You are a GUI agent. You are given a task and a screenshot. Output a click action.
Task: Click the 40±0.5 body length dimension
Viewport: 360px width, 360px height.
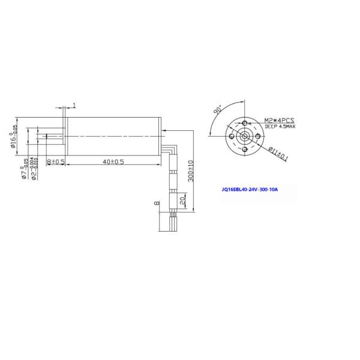click(113, 162)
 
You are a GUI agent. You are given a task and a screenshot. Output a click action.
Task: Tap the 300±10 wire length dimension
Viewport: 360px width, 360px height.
click(191, 170)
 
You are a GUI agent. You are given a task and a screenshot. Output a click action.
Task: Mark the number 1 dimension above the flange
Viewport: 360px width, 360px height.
click(74, 106)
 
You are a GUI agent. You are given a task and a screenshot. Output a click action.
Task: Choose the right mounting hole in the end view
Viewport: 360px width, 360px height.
click(257, 136)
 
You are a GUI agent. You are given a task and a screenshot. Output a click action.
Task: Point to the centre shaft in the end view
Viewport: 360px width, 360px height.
click(245, 136)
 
